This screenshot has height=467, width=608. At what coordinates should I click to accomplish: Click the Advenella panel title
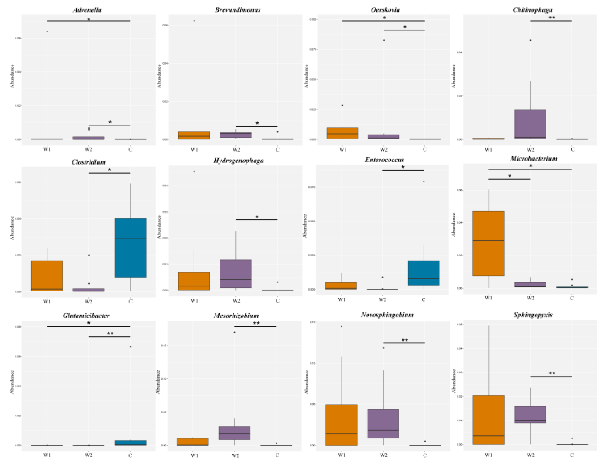pos(87,10)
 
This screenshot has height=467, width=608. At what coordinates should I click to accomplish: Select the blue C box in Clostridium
pos(130,248)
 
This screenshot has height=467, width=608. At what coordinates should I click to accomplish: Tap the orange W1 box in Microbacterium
pos(488,243)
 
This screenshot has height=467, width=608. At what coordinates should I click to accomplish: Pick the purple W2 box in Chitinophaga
pos(530,124)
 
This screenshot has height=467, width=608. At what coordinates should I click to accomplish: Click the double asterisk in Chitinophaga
pos(552,18)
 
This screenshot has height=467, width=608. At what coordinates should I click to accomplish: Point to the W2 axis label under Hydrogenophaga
pos(236,301)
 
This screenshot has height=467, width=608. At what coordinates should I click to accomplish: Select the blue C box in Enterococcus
pos(424,273)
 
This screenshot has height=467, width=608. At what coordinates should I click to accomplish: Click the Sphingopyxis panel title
pos(533,315)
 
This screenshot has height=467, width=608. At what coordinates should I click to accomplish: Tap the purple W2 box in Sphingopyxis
pos(530,415)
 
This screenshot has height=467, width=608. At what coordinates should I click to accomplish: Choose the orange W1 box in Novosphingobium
pos(341,425)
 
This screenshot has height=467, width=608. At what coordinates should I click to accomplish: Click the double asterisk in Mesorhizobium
pos(256,323)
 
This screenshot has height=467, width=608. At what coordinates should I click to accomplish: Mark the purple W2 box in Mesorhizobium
pos(234,433)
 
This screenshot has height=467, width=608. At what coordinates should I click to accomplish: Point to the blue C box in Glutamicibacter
pos(130,442)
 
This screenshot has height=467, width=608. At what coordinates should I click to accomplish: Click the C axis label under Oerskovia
pos(424,149)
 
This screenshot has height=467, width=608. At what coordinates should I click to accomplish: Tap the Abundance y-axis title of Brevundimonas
pos(159,76)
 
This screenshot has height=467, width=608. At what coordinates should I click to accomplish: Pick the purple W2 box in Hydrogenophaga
pos(236,273)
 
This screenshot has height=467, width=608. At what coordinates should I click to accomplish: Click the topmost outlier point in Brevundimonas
pos(194,21)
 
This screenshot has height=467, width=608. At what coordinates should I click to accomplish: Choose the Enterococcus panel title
pos(384,160)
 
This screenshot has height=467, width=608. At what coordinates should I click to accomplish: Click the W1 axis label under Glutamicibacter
pos(47,455)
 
